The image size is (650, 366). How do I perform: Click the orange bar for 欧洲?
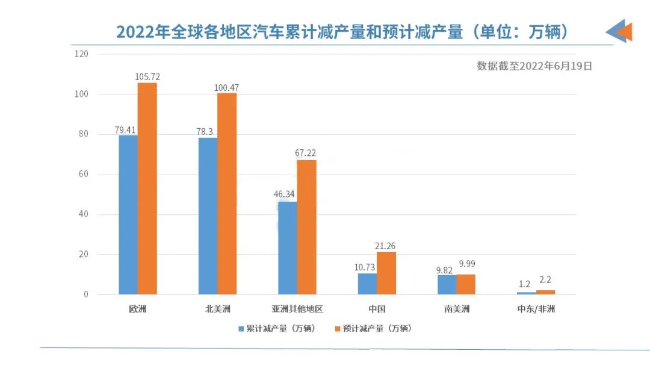click(x=147, y=188)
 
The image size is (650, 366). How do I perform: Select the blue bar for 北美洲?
click(x=208, y=216)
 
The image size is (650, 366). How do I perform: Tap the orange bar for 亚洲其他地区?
click(x=306, y=227)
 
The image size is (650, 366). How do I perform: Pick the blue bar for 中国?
click(x=367, y=284)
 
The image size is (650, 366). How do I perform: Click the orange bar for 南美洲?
click(x=466, y=284)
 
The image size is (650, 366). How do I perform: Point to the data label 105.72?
click(x=147, y=76)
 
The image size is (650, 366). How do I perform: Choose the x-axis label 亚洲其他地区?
click(x=297, y=309)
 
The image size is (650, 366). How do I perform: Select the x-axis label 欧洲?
click(x=138, y=309)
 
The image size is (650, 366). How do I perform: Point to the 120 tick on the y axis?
click(x=81, y=54)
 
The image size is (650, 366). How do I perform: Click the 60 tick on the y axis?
click(x=83, y=175)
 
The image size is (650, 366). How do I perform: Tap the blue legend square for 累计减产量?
click(x=241, y=329)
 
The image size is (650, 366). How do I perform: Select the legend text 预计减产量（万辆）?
click(x=377, y=329)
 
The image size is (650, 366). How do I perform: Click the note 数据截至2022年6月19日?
click(x=534, y=66)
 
